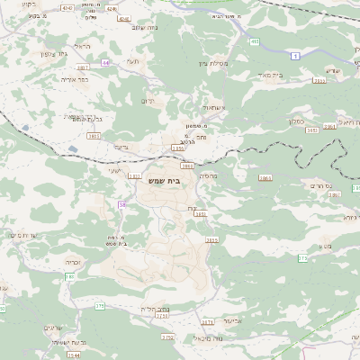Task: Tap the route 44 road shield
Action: click(x=105, y=63)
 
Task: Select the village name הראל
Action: click(x=84, y=45)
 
